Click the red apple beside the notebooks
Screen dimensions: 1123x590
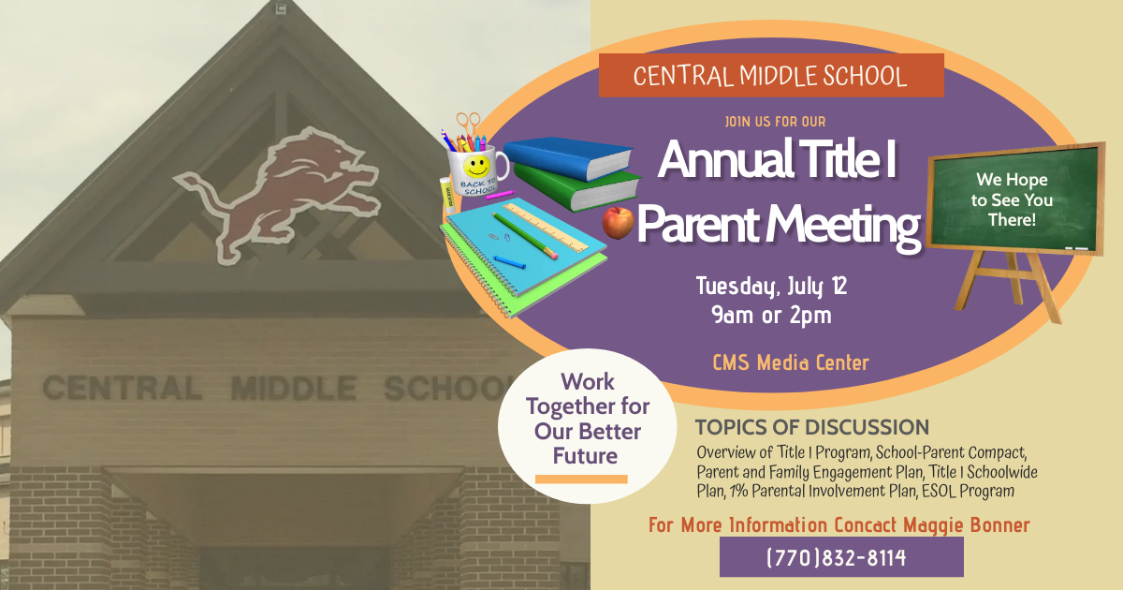pos(618,222)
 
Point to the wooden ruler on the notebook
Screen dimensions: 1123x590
pos(546,228)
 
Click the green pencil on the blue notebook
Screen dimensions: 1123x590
pos(525,236)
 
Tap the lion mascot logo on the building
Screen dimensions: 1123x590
pos(277,193)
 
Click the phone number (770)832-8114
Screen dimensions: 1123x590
pos(837,557)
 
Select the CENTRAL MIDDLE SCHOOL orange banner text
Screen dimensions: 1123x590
pos(770,76)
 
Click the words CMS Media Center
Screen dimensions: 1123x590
pos(791,362)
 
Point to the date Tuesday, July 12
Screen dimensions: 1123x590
pos(771,286)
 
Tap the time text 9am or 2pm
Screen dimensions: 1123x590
pos(771,316)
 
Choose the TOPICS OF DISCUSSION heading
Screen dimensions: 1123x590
pos(811,427)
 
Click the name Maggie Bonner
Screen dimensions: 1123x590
pos(967,525)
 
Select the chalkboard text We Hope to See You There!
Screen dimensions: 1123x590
pos(1012,199)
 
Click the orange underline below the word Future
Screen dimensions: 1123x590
pos(581,479)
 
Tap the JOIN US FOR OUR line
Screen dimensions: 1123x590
pos(775,122)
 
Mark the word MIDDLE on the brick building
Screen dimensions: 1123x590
pos(294,388)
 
